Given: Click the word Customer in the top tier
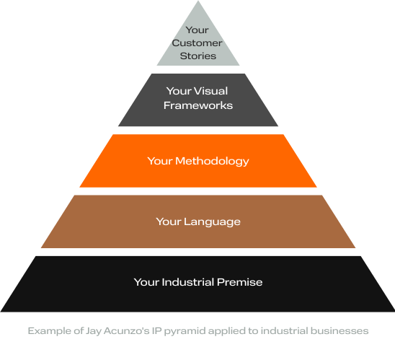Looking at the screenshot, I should pyautogui.click(x=197, y=43).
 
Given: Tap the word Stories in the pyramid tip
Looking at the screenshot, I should pyautogui.click(x=197, y=56).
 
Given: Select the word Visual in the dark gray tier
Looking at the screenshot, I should pyautogui.click(x=210, y=92).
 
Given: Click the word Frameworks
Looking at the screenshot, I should pyautogui.click(x=198, y=105).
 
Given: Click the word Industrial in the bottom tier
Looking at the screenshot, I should pyautogui.click(x=189, y=281).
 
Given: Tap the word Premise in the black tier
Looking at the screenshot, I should pyautogui.click(x=240, y=281).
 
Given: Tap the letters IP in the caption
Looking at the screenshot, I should pyautogui.click(x=161, y=330).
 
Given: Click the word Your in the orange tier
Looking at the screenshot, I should pyautogui.click(x=159, y=161).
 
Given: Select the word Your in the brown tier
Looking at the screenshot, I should pyautogui.click(x=168, y=221).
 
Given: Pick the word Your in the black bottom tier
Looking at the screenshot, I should pyautogui.click(x=146, y=281).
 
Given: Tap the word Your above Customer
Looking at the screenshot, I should pyautogui.click(x=197, y=30).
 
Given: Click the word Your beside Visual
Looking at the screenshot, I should pyautogui.click(x=178, y=92).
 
